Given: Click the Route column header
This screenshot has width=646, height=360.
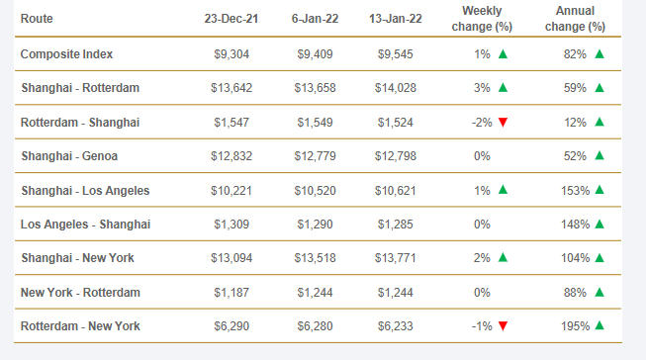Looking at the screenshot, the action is click(x=37, y=19).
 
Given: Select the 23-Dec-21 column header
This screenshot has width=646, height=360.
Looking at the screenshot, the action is click(x=231, y=19).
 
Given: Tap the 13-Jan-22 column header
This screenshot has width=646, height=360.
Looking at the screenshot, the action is click(x=396, y=19).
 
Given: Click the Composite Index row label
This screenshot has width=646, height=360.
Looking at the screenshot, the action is click(x=66, y=54).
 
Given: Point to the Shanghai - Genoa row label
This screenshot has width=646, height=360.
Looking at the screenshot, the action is click(x=69, y=156).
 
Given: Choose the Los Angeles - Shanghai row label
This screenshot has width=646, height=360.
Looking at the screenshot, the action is click(x=86, y=225).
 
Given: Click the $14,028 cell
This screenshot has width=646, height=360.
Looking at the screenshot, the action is click(x=396, y=88).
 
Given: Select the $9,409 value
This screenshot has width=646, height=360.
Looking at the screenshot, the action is click(x=316, y=54).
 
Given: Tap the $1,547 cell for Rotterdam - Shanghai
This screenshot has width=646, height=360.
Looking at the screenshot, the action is click(x=231, y=123).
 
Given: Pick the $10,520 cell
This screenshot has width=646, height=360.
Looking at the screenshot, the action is click(x=316, y=191).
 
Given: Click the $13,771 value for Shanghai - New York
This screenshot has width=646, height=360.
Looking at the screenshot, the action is click(x=396, y=258).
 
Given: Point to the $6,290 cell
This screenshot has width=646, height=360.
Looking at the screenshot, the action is click(x=231, y=326).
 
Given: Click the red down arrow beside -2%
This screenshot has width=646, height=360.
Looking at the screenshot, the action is click(x=503, y=122).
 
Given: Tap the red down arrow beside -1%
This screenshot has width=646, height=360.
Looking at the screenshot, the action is click(x=503, y=326).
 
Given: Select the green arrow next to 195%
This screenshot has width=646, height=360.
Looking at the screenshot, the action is click(x=600, y=325).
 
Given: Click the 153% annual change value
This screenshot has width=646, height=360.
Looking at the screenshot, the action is click(x=575, y=191).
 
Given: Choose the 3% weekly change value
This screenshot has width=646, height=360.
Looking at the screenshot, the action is click(x=482, y=88).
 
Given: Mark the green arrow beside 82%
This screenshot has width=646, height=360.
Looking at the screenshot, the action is click(x=600, y=53).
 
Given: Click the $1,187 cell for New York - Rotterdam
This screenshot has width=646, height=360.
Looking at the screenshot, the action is click(x=231, y=293).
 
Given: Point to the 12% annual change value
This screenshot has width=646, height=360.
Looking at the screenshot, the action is click(x=575, y=123).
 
